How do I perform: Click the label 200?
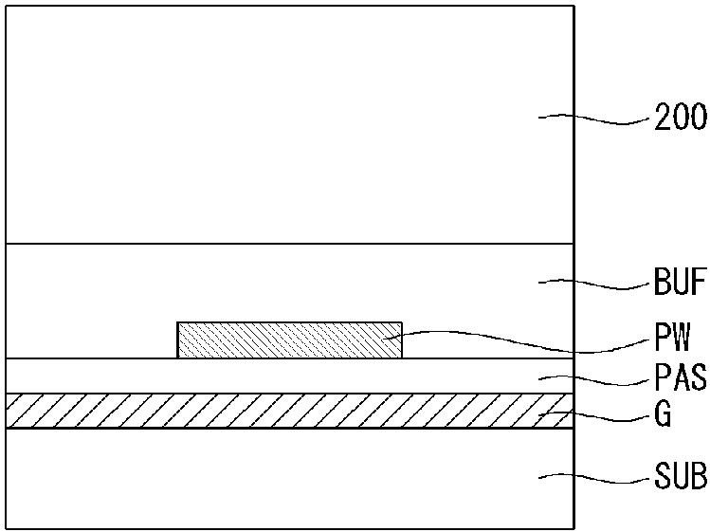click(x=680, y=117)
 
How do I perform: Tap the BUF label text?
click(x=680, y=282)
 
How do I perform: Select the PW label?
click(x=672, y=338)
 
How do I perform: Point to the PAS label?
click(x=680, y=376)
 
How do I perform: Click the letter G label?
click(x=663, y=413)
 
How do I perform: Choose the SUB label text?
click(x=680, y=475)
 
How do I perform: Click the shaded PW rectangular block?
click(x=289, y=340)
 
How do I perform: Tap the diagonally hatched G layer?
click(x=289, y=411)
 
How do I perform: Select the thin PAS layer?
click(x=289, y=376)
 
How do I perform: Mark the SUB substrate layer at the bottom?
click(x=289, y=479)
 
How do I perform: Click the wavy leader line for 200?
click(x=593, y=119)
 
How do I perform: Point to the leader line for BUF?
click(x=593, y=284)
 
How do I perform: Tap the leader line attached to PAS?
click(x=593, y=380)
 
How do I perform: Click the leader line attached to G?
click(x=593, y=416)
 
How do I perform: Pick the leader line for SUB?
click(x=593, y=478)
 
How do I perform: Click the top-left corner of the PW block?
click(x=177, y=322)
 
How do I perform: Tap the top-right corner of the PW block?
click(x=402, y=322)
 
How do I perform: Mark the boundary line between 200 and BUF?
click(x=289, y=244)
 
